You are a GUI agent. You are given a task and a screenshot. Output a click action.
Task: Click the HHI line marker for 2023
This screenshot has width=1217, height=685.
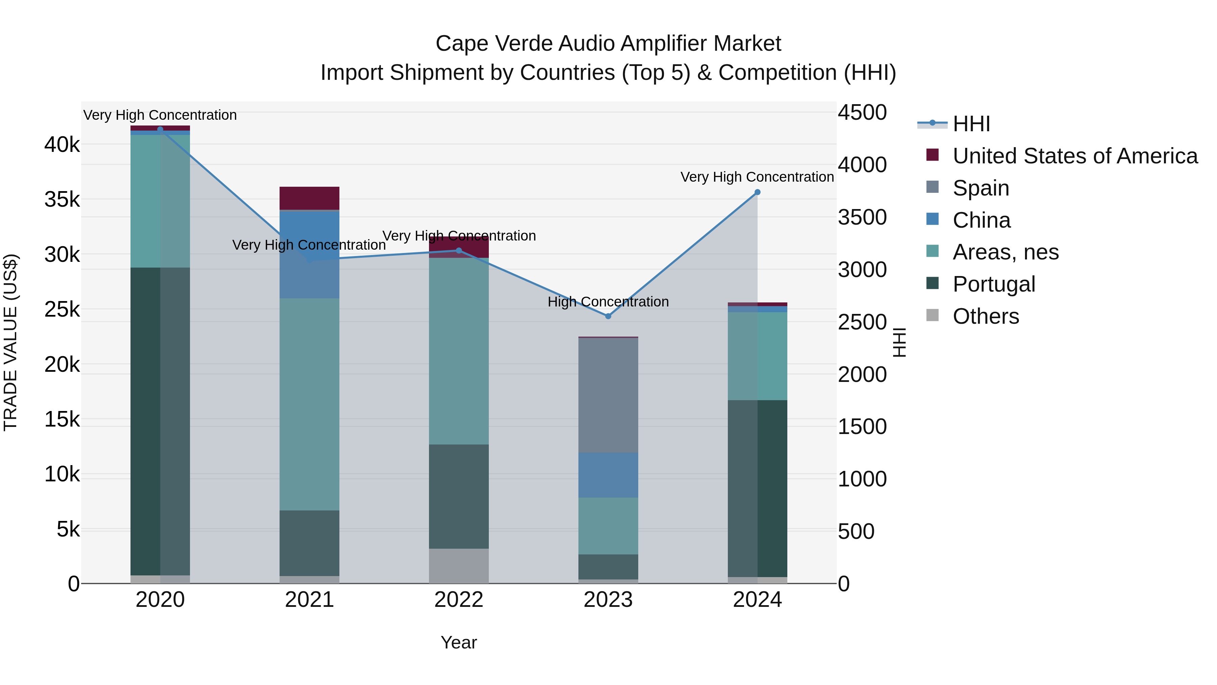[608, 316]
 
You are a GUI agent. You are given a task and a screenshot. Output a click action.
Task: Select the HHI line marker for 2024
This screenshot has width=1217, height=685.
[757, 192]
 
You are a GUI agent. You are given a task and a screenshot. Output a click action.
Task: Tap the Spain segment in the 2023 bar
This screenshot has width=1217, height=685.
[608, 395]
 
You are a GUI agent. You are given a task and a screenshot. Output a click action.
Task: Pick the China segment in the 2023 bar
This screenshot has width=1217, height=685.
[608, 475]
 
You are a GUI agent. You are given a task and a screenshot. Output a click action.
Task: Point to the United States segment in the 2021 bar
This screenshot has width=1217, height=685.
[309, 198]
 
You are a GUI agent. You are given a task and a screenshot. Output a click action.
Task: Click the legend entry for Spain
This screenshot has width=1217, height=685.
[981, 188]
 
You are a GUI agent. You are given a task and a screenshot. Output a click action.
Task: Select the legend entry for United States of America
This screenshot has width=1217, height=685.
[1075, 156]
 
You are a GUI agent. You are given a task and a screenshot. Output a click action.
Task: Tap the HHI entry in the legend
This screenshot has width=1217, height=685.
[971, 124]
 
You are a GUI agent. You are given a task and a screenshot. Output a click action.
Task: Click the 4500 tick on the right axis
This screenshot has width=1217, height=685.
[862, 113]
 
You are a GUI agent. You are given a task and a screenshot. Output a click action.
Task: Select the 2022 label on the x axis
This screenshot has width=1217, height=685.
[459, 600]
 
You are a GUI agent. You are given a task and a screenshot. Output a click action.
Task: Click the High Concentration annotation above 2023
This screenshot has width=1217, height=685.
[608, 302]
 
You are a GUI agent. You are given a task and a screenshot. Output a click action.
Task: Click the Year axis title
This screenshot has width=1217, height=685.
[459, 642]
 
